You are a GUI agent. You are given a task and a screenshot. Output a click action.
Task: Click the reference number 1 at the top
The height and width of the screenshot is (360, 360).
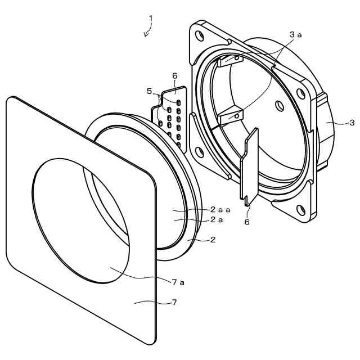click(150, 18)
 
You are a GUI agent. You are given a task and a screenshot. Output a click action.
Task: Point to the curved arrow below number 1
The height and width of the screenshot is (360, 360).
click(147, 32)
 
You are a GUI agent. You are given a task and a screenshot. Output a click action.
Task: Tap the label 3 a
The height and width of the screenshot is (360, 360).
click(295, 35)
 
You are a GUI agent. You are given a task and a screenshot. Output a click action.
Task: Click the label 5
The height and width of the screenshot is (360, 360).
click(149, 91)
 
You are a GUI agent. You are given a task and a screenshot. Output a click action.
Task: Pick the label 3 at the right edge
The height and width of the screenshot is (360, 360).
click(352, 123)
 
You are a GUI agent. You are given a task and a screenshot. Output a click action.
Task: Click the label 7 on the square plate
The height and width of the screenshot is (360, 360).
click(174, 303)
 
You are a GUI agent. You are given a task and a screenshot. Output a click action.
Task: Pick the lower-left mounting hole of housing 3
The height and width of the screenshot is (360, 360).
click(199, 151)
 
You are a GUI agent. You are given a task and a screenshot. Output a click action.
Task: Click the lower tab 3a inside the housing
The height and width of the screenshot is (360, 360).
click(231, 116)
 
